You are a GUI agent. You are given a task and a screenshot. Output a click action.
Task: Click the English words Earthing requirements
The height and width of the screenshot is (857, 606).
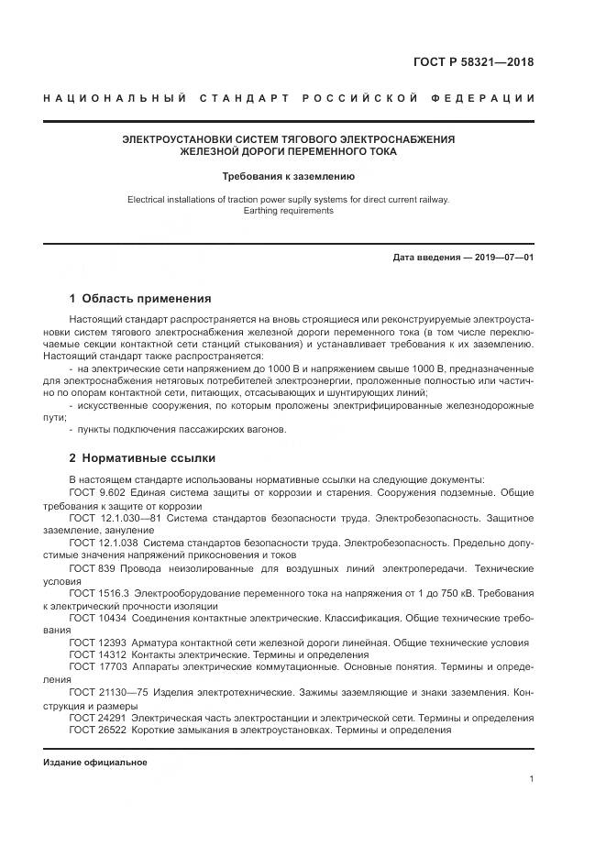289,210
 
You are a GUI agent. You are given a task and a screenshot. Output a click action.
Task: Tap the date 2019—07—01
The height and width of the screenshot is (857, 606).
503,258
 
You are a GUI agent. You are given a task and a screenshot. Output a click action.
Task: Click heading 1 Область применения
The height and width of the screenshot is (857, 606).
140,298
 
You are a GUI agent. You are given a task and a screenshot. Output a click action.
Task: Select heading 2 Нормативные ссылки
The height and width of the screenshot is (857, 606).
142,457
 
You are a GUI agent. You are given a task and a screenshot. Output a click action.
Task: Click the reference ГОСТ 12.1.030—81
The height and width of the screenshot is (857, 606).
113,518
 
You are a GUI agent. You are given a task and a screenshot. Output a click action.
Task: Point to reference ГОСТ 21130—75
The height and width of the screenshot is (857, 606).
106,692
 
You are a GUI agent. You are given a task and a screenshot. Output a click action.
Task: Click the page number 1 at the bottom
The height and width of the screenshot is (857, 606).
532,779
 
